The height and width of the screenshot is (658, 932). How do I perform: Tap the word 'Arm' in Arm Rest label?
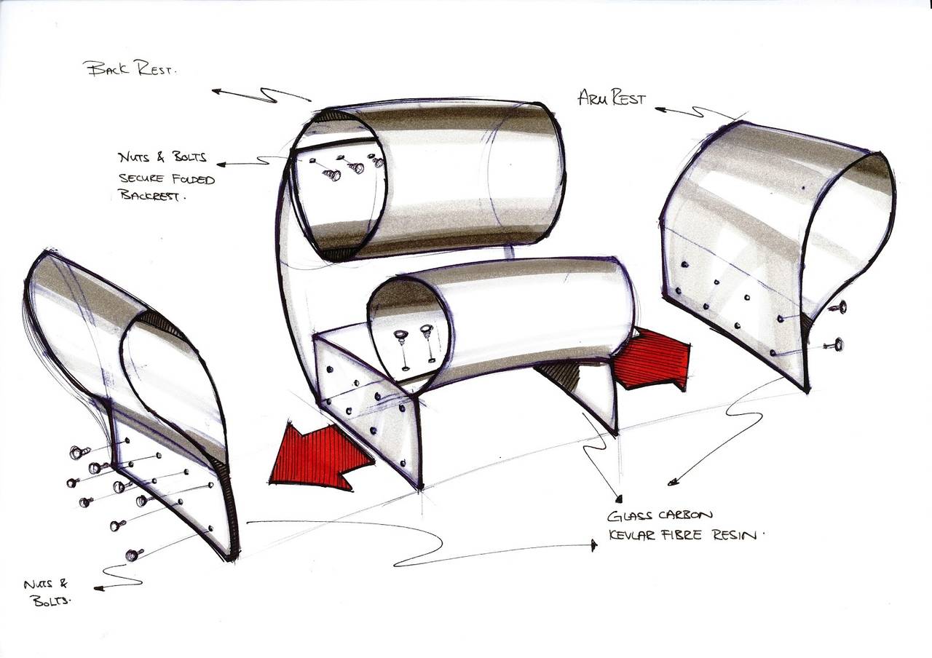coord(593,97)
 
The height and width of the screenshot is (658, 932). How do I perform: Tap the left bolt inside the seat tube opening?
coord(400,338)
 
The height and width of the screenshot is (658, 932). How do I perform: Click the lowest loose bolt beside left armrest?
coord(133,555)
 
